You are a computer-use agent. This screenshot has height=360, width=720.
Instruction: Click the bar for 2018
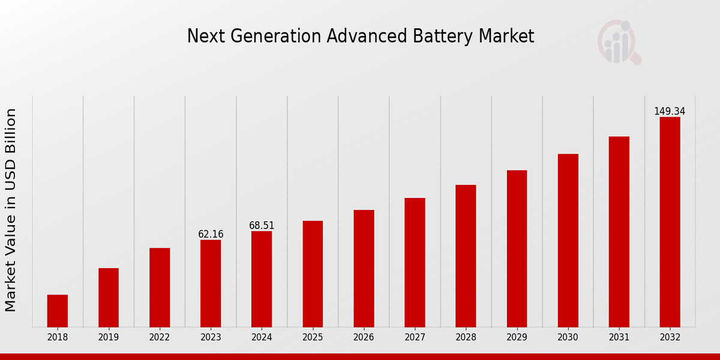pos(58,311)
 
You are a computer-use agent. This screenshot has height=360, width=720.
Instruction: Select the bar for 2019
pos(109,298)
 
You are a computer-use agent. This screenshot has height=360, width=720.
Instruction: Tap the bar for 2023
pos(211,283)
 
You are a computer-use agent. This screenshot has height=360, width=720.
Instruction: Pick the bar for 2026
pos(364,268)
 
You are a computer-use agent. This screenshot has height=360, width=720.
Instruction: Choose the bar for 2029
pos(517,248)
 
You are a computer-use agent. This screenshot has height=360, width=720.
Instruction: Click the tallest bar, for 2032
pos(670,222)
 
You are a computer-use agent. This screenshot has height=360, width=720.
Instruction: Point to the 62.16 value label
pos(211,235)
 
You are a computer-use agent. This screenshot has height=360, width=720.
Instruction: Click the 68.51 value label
pos(262,226)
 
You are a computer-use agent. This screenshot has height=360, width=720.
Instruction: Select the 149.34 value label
pos(670,112)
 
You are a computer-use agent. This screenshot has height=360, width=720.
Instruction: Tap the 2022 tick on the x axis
pos(160,338)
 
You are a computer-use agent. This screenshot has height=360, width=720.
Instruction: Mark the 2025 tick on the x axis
pos(313,338)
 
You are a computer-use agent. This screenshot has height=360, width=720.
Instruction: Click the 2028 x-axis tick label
pos(466,338)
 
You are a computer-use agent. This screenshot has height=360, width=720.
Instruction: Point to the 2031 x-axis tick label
pos(619,338)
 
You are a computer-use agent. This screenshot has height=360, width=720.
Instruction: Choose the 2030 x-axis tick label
pos(568,338)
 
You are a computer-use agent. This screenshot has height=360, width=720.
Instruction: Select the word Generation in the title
pos(275,37)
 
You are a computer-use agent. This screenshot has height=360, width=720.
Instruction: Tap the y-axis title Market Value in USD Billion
pos(11,210)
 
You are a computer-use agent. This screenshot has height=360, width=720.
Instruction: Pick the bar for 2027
pos(415,262)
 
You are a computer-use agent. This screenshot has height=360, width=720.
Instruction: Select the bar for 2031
pos(619,232)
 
